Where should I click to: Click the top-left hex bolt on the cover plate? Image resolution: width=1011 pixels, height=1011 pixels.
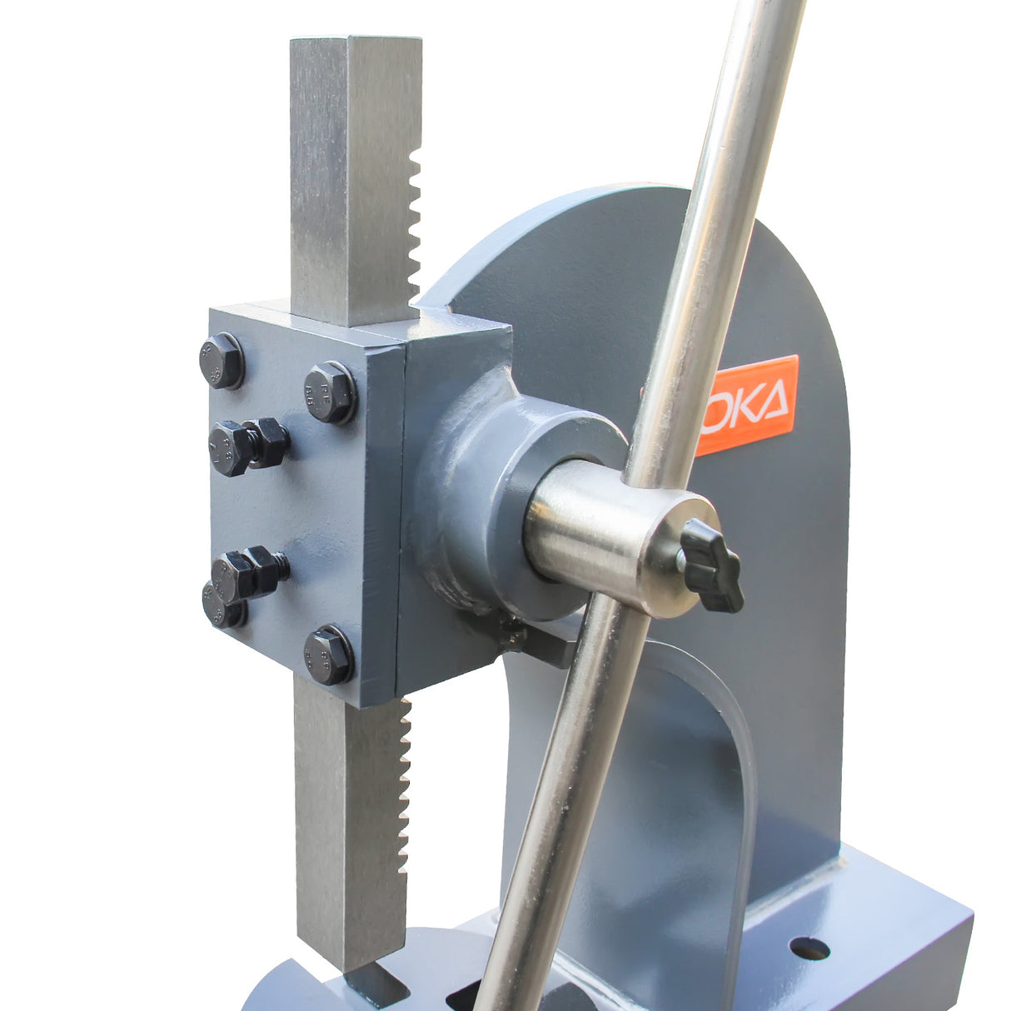222,361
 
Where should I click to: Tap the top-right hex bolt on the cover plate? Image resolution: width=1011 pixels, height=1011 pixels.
330,391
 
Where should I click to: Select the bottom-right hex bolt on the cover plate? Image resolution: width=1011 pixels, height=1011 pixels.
328,655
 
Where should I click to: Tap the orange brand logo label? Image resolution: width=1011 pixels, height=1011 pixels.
747,405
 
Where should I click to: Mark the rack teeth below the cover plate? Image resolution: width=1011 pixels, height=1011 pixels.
405,783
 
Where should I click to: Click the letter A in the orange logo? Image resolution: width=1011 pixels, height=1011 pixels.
773,401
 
